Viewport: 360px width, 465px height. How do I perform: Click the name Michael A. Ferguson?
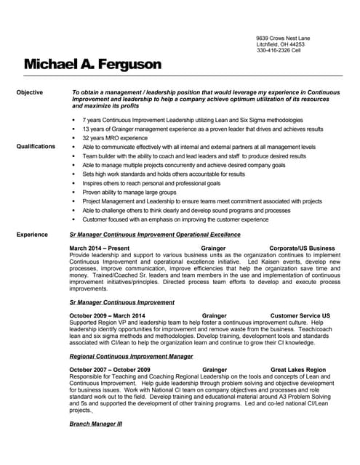click(x=92, y=65)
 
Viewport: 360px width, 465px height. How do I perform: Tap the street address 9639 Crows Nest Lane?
click(x=283, y=37)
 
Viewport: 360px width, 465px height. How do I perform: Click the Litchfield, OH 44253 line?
click(x=281, y=44)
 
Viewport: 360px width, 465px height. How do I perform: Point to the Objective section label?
click(x=30, y=92)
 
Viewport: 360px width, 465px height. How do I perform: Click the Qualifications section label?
click(x=36, y=147)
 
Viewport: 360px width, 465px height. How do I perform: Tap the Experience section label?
click(x=32, y=235)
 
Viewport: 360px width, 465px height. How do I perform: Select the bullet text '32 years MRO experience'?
click(x=115, y=137)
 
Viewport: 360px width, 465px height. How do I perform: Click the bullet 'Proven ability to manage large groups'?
click(x=129, y=192)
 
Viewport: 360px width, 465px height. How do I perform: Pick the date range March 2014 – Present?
click(x=100, y=248)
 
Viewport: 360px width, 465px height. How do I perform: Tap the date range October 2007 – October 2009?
click(x=110, y=370)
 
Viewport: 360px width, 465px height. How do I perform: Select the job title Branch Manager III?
click(x=96, y=424)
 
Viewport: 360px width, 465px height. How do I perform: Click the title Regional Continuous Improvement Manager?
click(x=131, y=357)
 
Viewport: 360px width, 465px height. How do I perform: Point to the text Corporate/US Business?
click(x=302, y=248)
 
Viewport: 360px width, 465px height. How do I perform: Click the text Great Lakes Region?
click(x=298, y=370)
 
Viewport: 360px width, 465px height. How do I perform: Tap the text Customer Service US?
click(x=300, y=316)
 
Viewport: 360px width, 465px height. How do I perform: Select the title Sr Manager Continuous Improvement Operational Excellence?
click(x=154, y=235)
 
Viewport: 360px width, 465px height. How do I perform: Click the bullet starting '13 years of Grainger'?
click(x=203, y=129)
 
